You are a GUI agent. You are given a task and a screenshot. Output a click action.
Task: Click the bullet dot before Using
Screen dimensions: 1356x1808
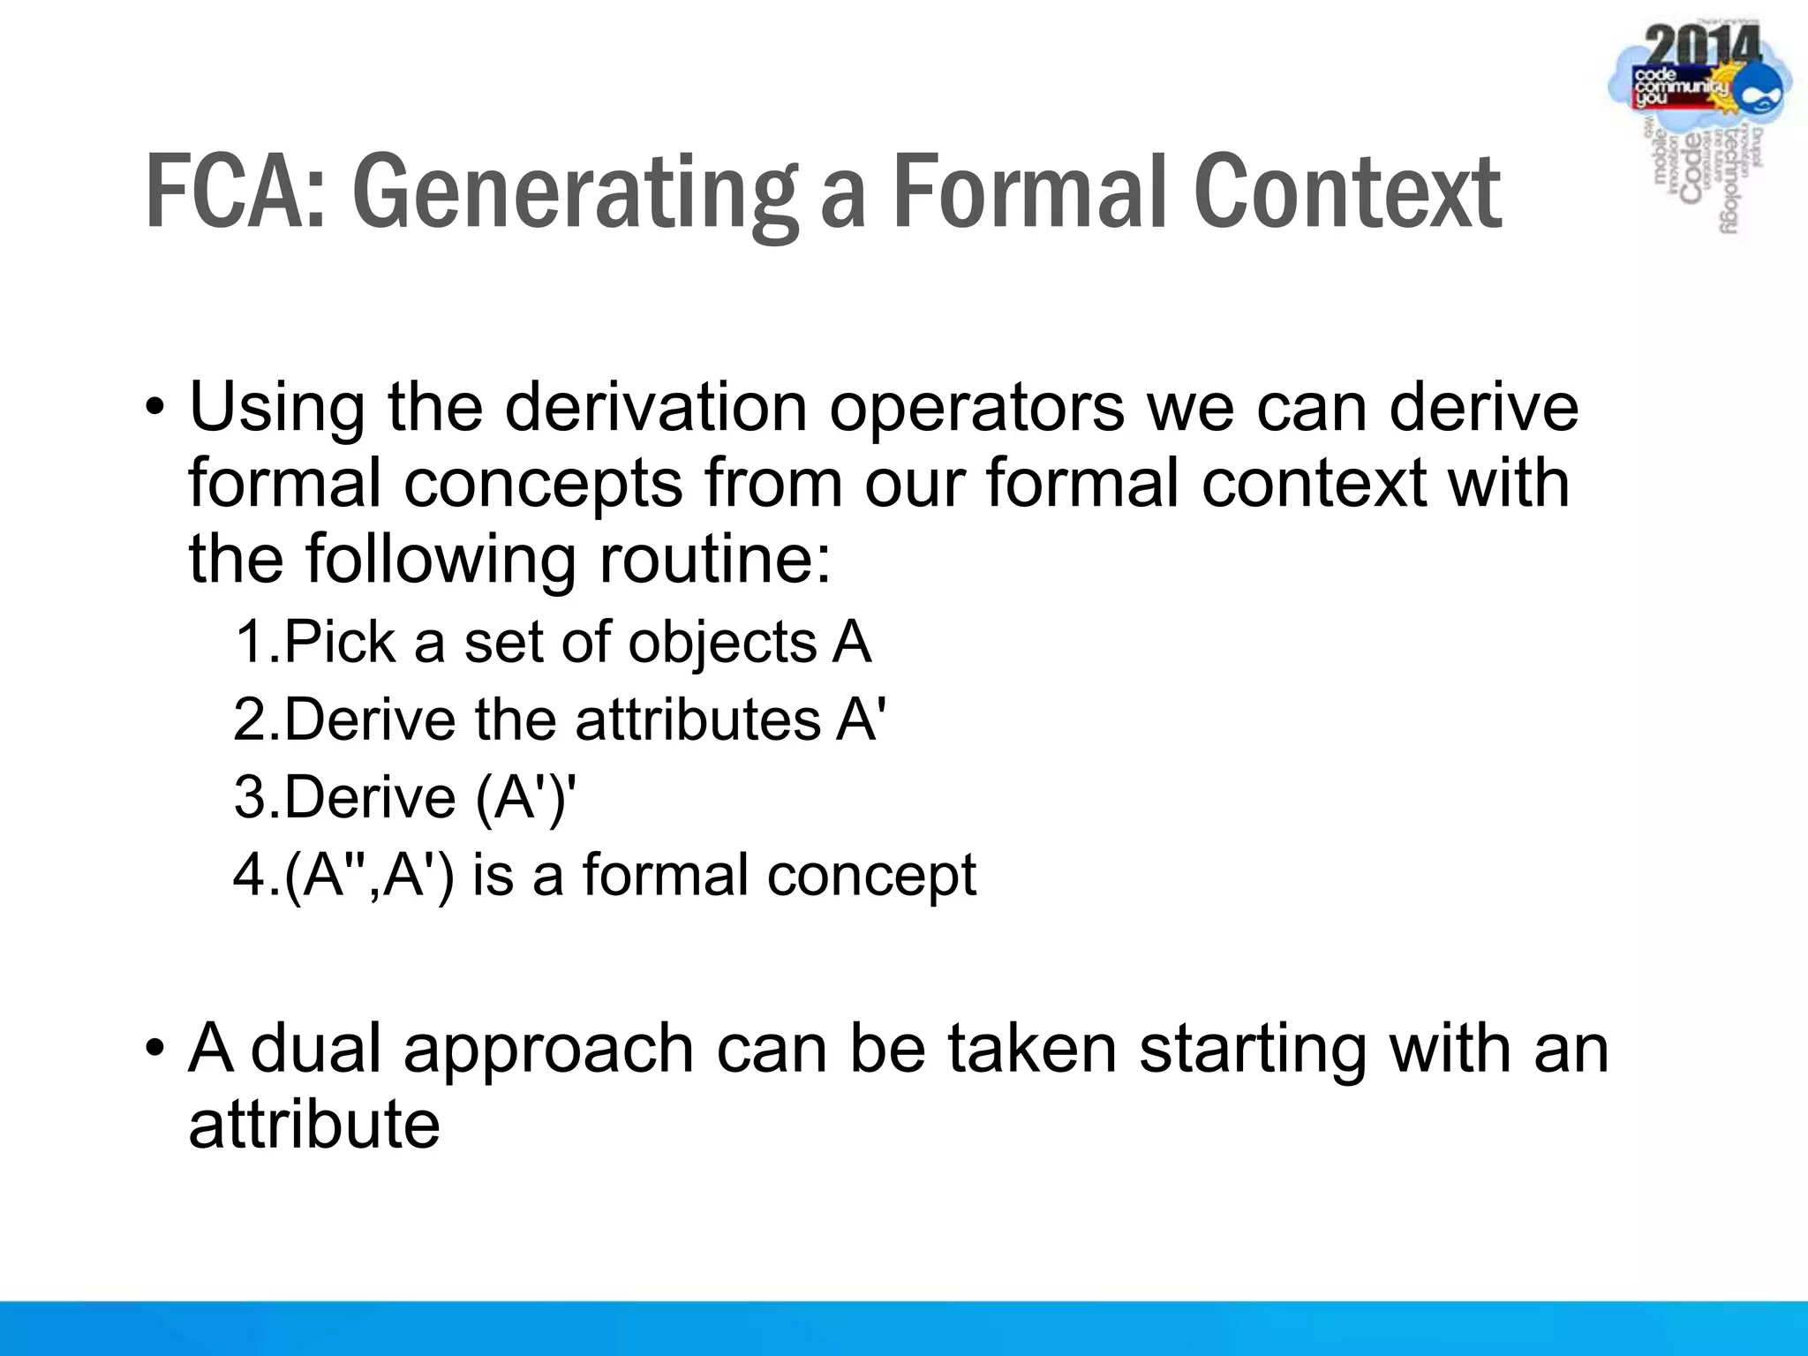(155, 408)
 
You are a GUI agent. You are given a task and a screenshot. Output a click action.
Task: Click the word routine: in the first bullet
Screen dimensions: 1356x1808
(714, 560)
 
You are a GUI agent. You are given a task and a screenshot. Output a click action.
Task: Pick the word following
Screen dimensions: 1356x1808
(441, 561)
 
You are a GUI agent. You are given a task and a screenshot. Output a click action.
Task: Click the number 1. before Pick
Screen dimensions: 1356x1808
(257, 642)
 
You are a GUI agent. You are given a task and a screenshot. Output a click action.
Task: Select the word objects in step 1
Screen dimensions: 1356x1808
(722, 644)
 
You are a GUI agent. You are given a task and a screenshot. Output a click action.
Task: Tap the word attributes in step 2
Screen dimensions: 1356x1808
(698, 719)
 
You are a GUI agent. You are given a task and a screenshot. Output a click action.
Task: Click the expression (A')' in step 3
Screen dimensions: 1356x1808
(525, 798)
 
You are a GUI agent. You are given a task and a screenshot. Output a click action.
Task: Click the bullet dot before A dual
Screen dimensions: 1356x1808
(155, 1049)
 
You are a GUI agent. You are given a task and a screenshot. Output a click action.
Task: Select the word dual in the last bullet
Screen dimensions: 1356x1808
(320, 1048)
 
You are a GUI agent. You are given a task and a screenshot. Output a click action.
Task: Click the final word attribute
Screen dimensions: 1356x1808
(314, 1125)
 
